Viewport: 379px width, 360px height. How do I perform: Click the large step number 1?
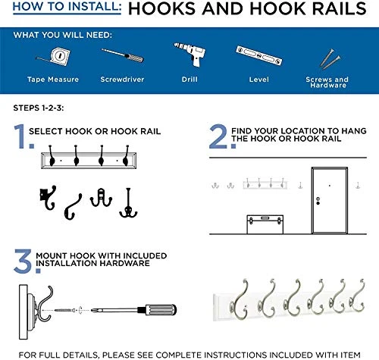coord(18,137)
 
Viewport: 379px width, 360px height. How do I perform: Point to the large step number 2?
coord(217,137)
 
